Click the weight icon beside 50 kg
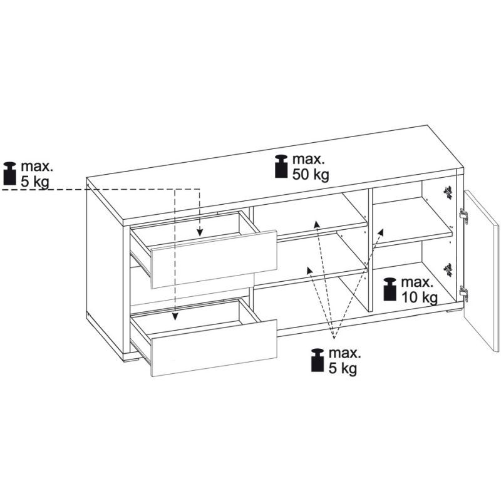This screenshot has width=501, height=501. [281, 166]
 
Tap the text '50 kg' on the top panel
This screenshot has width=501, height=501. [311, 175]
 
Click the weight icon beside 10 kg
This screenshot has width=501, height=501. [390, 289]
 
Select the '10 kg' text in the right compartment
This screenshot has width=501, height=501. [419, 298]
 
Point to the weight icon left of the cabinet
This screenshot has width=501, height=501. [9, 173]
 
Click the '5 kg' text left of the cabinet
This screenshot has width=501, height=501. [35, 182]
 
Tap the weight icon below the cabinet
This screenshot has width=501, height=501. [318, 360]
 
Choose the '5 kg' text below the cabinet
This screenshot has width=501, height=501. [343, 369]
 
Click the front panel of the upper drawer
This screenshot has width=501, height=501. [214, 259]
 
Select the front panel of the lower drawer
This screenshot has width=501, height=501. [214, 348]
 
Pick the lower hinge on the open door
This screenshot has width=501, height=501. [463, 293]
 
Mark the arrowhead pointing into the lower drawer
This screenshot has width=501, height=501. [175, 316]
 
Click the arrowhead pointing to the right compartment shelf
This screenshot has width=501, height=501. [380, 232]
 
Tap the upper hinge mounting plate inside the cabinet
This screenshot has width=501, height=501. [448, 193]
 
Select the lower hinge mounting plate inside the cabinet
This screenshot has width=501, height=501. [448, 271]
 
